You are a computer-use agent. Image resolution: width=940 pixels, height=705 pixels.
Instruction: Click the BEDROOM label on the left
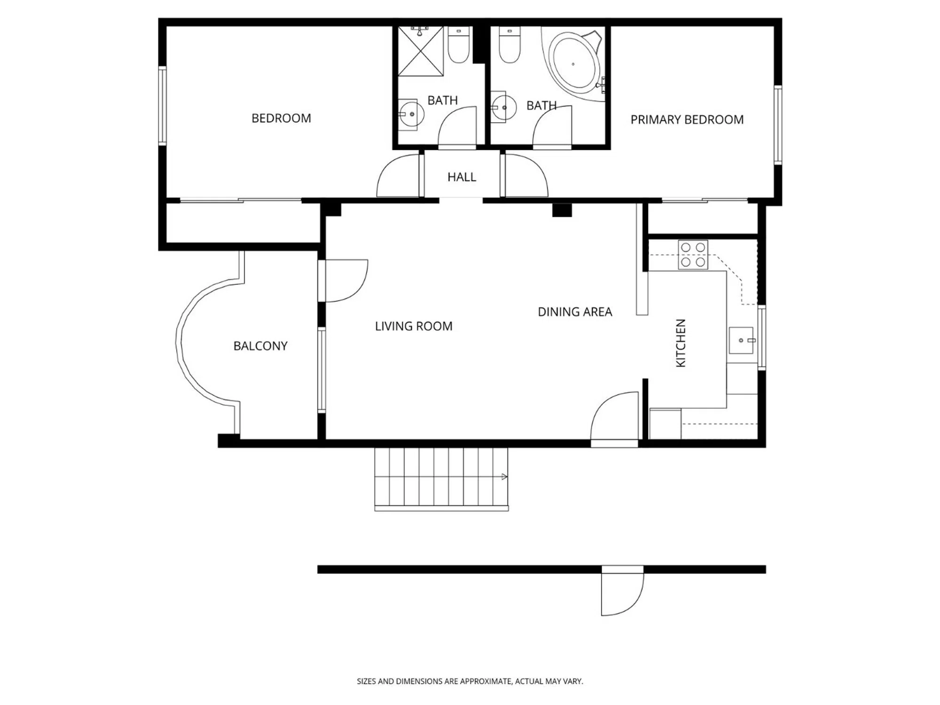click(x=281, y=118)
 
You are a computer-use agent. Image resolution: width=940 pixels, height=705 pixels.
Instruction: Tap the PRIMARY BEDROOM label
click(x=687, y=120)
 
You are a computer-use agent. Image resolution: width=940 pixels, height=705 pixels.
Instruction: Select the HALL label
click(x=462, y=177)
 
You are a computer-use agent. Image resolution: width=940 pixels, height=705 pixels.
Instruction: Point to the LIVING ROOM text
click(x=414, y=326)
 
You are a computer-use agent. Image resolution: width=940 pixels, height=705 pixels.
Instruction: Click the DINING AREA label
click(x=575, y=312)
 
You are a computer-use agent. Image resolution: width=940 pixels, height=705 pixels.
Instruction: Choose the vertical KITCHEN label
click(x=681, y=343)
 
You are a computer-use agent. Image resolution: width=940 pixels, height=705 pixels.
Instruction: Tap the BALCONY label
click(x=260, y=346)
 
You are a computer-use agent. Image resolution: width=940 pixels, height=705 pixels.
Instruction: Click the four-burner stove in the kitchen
click(x=693, y=254)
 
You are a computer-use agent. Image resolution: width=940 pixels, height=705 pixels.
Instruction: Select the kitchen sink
click(x=742, y=340)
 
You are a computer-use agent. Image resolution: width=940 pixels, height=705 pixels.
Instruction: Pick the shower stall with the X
click(x=421, y=51)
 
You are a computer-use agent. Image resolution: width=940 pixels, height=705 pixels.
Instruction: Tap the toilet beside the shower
click(x=458, y=45)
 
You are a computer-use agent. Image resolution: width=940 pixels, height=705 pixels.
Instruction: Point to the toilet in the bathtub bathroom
click(x=509, y=45)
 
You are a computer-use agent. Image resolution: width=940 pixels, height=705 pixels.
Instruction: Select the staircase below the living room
click(x=441, y=479)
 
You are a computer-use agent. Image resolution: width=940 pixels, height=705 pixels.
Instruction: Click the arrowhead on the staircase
click(x=504, y=477)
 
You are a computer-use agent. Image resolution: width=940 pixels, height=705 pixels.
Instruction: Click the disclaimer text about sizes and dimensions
click(x=470, y=681)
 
